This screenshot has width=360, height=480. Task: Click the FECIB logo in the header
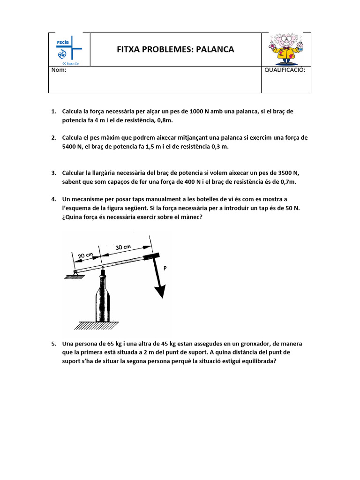click(x=68, y=50)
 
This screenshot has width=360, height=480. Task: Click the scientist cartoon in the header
click(x=285, y=49)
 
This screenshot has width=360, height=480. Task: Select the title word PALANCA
click(x=216, y=50)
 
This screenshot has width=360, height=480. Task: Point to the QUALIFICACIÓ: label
click(x=285, y=70)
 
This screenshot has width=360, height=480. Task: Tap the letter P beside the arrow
click(x=165, y=268)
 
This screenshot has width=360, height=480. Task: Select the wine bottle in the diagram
click(x=103, y=300)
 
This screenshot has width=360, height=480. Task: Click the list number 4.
click(x=53, y=199)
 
